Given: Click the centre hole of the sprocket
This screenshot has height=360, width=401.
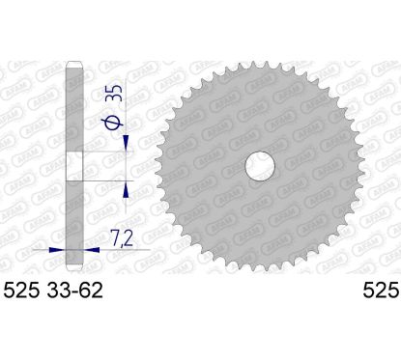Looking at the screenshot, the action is [x=260, y=166].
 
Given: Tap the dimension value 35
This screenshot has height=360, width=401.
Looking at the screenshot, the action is [x=116, y=93].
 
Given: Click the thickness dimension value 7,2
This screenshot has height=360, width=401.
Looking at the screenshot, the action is [x=122, y=238].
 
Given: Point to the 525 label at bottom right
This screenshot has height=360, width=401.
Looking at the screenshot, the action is [x=382, y=291].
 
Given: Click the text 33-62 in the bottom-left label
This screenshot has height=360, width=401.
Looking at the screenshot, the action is [x=74, y=291].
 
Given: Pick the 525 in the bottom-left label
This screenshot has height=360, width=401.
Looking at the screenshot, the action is [x=21, y=291].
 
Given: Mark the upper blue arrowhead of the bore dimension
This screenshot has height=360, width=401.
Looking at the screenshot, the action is [x=126, y=143].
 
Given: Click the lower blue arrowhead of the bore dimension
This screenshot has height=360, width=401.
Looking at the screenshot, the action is [x=126, y=189].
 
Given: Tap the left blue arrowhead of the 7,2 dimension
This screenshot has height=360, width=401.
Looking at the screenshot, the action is [x=57, y=249].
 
